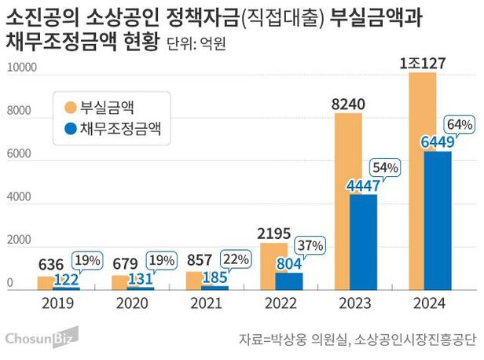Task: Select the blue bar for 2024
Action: [437, 220]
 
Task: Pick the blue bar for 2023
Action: [364, 241]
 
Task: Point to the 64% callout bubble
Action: [458, 125]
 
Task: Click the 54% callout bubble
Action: [384, 167]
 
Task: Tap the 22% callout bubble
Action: [236, 259]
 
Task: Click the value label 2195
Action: [274, 233]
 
